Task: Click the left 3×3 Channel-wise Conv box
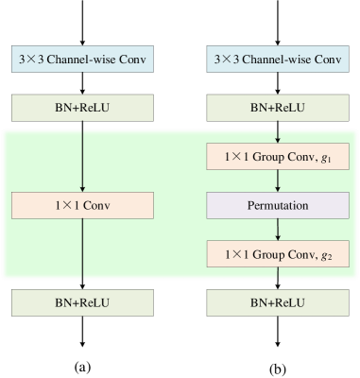click(82, 60)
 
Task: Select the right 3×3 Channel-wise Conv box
click(278, 60)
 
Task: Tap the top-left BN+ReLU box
click(82, 108)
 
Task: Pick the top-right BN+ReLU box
click(278, 108)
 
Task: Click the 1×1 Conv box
click(82, 204)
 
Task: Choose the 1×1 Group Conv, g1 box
click(278, 157)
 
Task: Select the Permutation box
click(278, 204)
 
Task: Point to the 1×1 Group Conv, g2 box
click(278, 253)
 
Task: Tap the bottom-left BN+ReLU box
click(82, 302)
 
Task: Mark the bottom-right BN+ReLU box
click(278, 302)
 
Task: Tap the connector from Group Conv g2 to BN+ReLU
click(278, 278)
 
